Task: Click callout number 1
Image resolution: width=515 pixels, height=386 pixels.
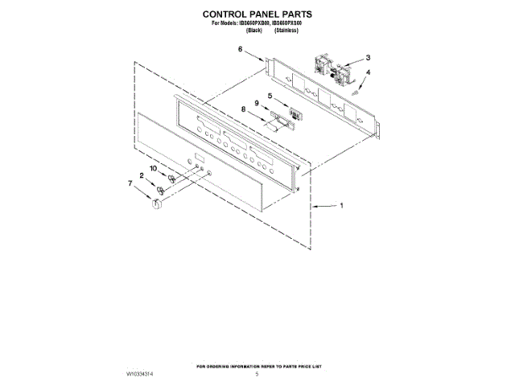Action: [340, 206]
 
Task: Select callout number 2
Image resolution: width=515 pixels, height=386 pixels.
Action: [142, 175]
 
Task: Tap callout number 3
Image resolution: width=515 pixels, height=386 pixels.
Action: [368, 58]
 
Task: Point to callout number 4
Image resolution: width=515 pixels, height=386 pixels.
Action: [369, 73]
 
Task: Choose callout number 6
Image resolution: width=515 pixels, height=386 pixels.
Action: [240, 50]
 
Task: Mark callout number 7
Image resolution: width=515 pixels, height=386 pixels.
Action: [130, 183]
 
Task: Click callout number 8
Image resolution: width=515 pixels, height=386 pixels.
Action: [243, 109]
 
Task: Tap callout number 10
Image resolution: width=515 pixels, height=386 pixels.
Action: [153, 168]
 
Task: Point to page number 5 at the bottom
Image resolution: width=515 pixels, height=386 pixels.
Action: [257, 375]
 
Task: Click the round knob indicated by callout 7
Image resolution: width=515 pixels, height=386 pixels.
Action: [157, 207]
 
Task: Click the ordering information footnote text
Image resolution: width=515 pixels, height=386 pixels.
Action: [257, 367]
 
